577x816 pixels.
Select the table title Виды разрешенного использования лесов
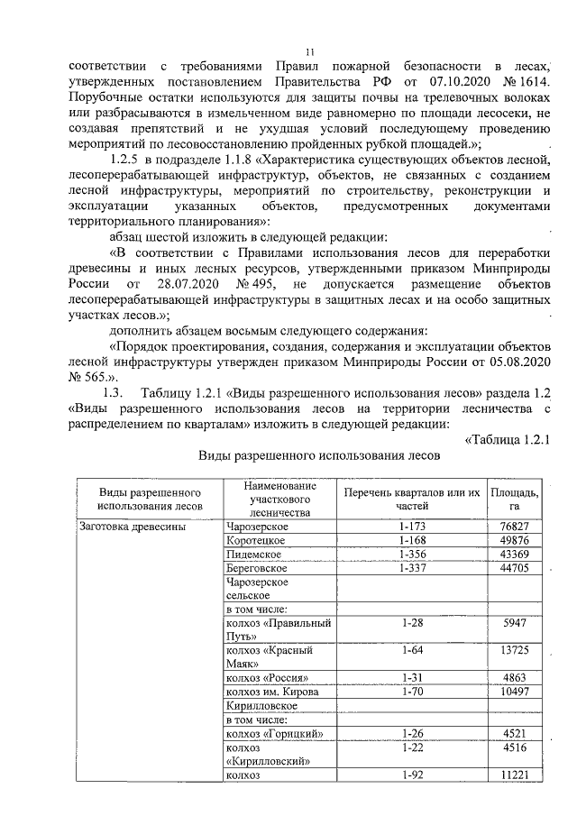(x=319, y=455)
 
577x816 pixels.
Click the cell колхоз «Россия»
(x=269, y=676)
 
